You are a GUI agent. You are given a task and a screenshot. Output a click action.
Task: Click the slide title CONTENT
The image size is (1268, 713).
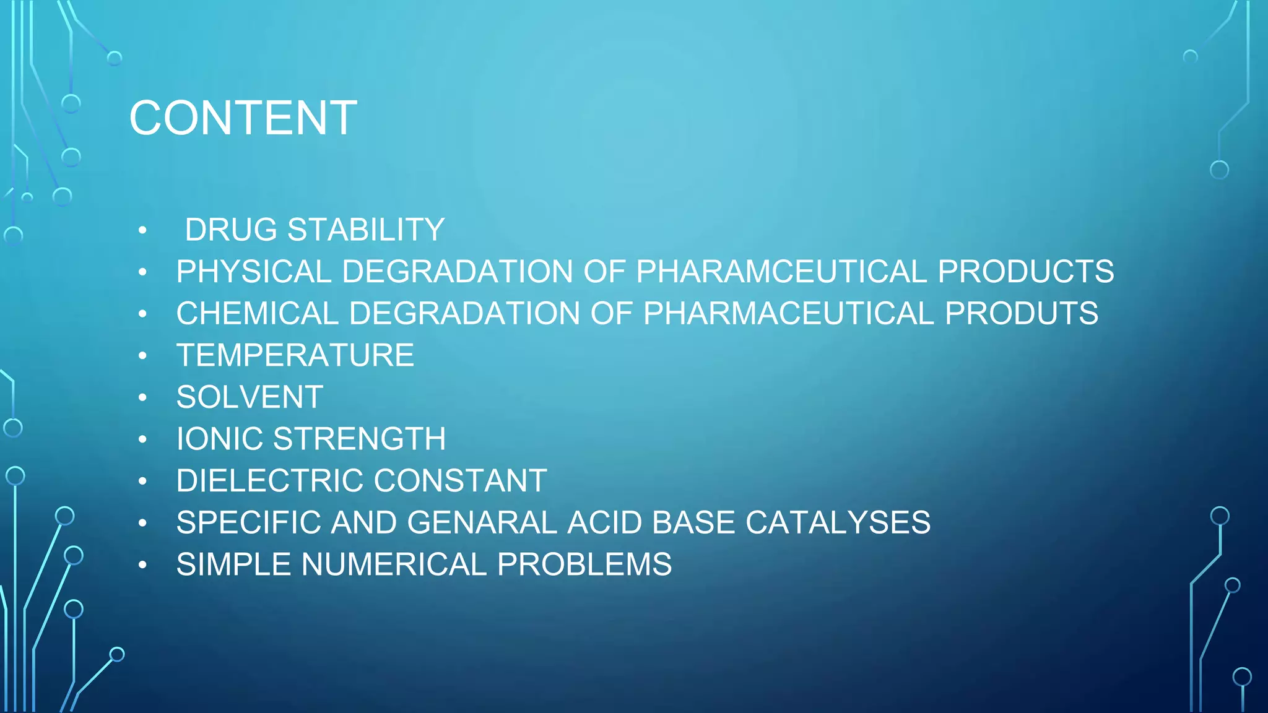click(243, 118)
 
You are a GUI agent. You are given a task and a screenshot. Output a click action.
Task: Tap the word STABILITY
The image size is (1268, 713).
click(366, 230)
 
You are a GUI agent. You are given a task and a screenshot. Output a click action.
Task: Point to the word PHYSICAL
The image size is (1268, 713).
click(254, 272)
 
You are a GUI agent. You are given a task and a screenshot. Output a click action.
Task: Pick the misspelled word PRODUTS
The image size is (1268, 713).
click(1022, 313)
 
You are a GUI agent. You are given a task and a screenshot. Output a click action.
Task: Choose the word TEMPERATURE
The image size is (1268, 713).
click(295, 355)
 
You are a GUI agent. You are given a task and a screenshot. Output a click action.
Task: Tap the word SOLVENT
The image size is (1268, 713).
click(250, 397)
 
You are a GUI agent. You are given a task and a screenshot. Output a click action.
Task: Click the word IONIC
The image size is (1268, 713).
click(220, 439)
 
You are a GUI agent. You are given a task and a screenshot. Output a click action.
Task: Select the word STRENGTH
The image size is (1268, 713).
click(359, 439)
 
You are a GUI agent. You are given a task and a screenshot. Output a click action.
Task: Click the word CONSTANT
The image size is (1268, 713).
click(460, 481)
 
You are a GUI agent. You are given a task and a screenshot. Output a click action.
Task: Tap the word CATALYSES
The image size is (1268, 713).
click(838, 522)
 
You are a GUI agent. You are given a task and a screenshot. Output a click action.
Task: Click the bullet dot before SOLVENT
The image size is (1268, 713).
click(143, 397)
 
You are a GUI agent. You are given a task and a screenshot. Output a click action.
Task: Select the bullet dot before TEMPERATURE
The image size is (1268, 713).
click(143, 356)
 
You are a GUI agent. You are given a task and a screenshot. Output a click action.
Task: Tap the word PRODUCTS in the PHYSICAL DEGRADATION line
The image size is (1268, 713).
click(1025, 272)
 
